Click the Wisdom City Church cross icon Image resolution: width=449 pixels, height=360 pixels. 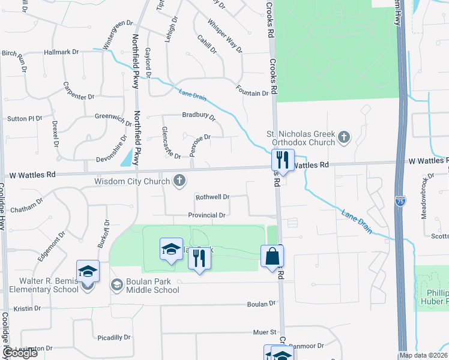click(x=179, y=181)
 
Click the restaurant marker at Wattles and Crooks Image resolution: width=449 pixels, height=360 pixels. click(x=281, y=160)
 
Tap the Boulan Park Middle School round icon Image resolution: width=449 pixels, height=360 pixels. click(x=116, y=284)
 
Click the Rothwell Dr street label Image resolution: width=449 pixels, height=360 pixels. click(x=212, y=197)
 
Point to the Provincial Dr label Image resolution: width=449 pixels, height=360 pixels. click(x=206, y=215)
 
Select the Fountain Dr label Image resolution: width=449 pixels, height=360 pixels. click(x=252, y=94)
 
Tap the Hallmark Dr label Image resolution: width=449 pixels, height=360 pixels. click(x=61, y=52)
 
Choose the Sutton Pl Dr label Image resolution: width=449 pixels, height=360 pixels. click(x=25, y=119)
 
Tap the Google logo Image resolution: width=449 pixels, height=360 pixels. click(x=21, y=353)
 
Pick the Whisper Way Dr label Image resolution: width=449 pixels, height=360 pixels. click(x=223, y=35)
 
